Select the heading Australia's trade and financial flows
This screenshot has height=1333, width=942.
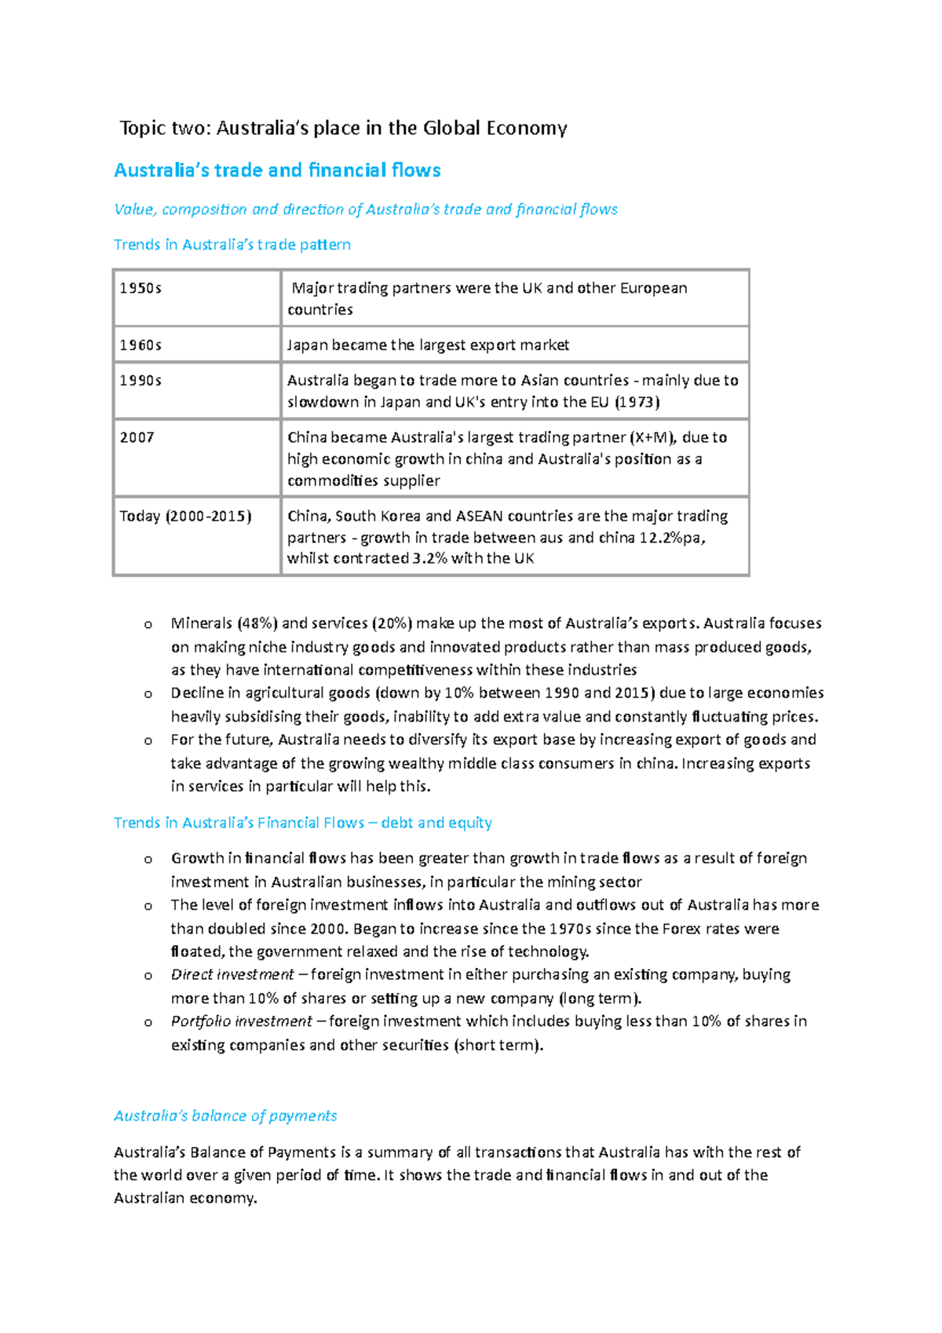point(277,170)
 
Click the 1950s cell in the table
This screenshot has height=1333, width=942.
point(141,288)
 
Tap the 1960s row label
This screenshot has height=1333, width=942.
point(141,345)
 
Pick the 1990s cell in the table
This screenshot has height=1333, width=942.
point(141,381)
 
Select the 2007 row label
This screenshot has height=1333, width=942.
point(137,437)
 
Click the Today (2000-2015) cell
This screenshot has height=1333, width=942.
point(185,516)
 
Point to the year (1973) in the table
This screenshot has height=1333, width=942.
point(637,402)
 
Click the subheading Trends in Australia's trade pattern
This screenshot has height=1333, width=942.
point(232,245)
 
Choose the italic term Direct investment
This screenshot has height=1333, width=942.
point(232,974)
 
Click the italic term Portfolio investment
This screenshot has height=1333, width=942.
point(242,1021)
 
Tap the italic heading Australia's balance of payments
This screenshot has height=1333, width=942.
point(225,1116)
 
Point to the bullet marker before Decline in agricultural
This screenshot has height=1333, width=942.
point(148,694)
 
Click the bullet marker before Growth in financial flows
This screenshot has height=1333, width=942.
point(148,860)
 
